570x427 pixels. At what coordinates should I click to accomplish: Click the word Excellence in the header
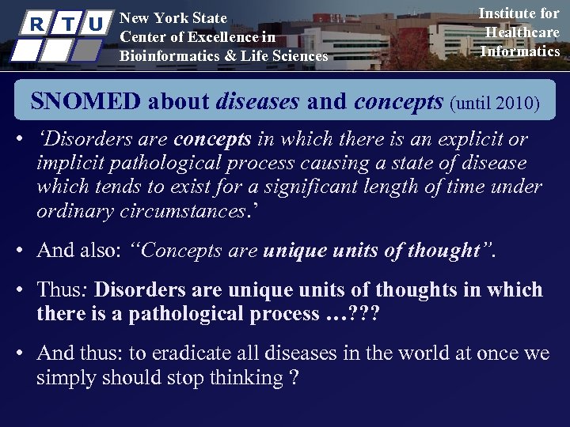click(215, 37)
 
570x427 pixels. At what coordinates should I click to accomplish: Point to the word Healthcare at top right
click(522, 32)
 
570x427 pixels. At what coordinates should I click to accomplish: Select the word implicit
click(70, 164)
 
